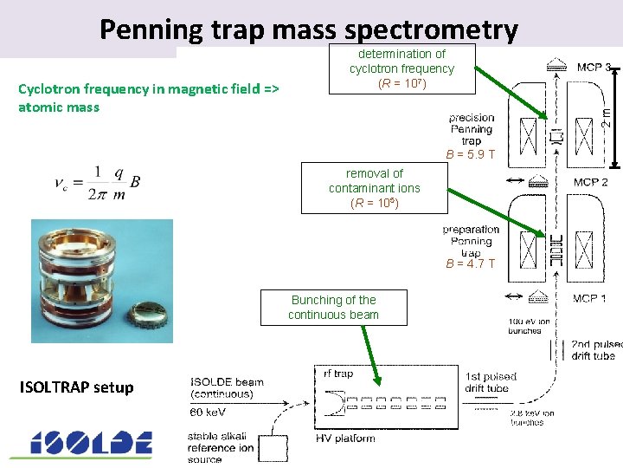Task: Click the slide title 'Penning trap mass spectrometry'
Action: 309,29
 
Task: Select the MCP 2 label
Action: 590,182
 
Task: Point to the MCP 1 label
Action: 589,299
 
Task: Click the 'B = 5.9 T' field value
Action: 471,155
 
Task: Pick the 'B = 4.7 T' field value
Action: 471,263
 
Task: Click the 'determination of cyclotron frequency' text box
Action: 401,68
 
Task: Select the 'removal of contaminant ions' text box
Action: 374,188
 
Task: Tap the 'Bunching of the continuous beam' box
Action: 333,307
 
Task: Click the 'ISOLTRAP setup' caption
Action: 76,387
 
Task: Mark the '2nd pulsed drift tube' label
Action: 594,350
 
